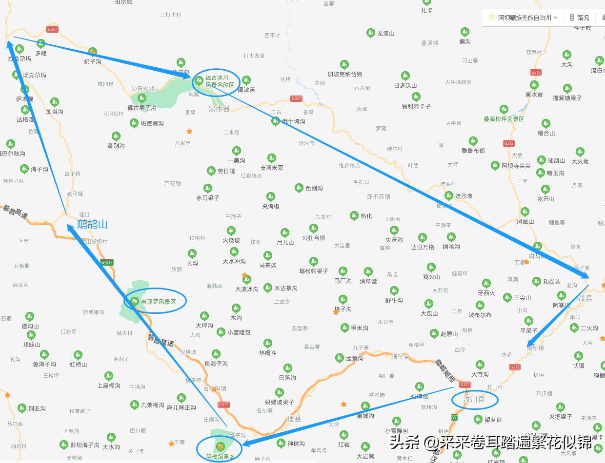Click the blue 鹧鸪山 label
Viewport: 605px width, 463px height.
point(92,224)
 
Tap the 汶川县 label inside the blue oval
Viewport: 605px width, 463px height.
point(474,400)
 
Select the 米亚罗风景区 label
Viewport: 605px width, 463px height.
point(158,302)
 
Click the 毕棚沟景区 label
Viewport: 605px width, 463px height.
point(220,456)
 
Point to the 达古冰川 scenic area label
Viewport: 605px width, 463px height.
point(220,81)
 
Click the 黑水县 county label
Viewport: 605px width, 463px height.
point(219,109)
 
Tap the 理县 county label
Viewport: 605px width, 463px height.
point(294,419)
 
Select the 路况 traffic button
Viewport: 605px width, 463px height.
point(583,18)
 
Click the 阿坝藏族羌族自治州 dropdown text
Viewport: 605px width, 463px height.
point(524,18)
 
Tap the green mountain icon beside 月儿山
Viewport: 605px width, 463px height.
point(285,232)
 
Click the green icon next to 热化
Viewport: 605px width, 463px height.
point(355,215)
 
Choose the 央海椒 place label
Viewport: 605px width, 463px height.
point(271,206)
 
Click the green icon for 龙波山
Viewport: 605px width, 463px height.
point(371,33)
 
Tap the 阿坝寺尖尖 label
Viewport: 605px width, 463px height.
point(516,166)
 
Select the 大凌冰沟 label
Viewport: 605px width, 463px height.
point(246,289)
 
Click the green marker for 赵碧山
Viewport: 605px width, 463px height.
point(434,334)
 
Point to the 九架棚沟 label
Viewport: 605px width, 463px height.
point(152,405)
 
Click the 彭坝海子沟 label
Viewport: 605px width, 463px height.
point(84,445)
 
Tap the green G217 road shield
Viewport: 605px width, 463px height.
point(106,262)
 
